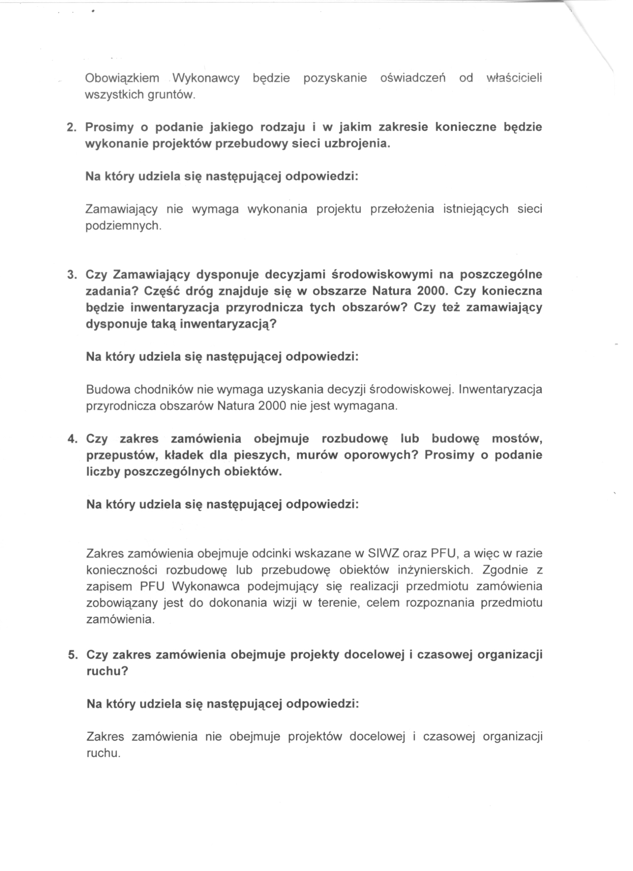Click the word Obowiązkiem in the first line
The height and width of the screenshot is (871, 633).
click(x=122, y=78)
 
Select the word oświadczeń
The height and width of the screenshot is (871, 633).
click(x=413, y=78)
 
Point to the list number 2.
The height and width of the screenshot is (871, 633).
click(x=71, y=127)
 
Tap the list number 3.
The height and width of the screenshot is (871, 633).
click(x=71, y=275)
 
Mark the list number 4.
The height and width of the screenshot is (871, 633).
click(x=72, y=438)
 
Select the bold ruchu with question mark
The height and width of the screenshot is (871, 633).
click(x=107, y=671)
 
